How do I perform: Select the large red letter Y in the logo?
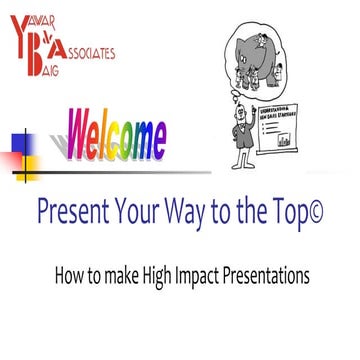click(19, 28)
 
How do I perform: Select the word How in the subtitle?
click(68, 272)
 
